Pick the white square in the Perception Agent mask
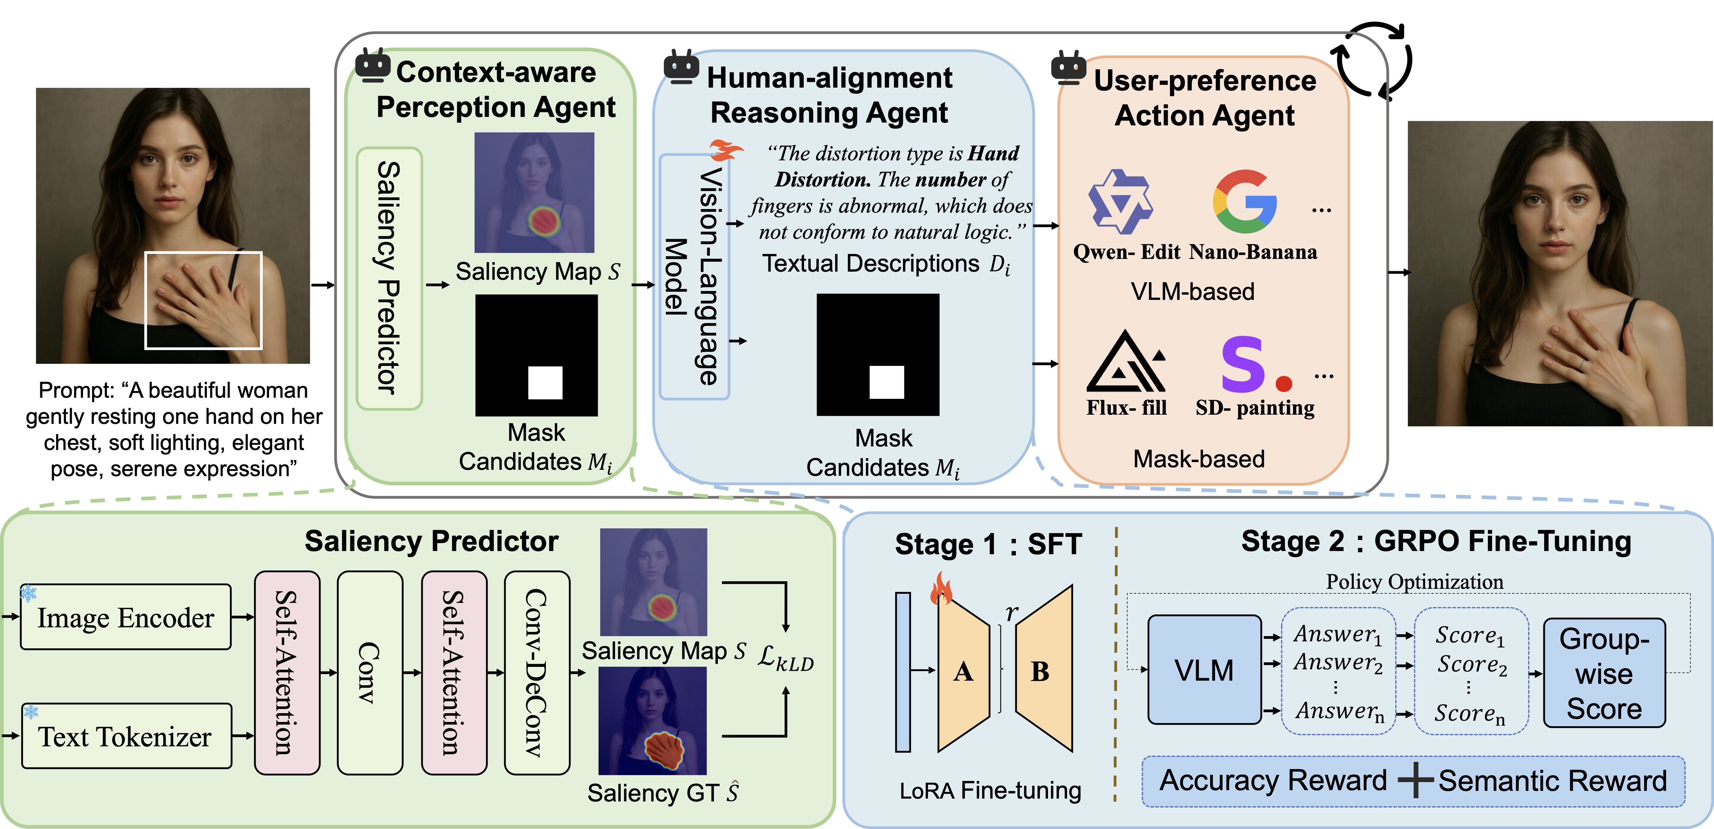(x=545, y=383)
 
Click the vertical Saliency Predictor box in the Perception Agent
(x=389, y=278)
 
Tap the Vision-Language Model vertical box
(x=694, y=276)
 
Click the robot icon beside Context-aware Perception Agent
(x=373, y=66)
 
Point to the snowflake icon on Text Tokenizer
(x=31, y=712)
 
